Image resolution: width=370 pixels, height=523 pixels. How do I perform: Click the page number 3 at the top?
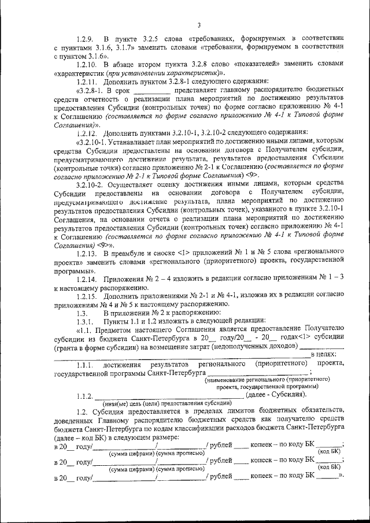click(x=198, y=25)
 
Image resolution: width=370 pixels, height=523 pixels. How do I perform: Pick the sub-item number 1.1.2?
click(x=85, y=396)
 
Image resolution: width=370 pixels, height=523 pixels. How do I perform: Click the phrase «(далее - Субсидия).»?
click(x=276, y=395)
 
